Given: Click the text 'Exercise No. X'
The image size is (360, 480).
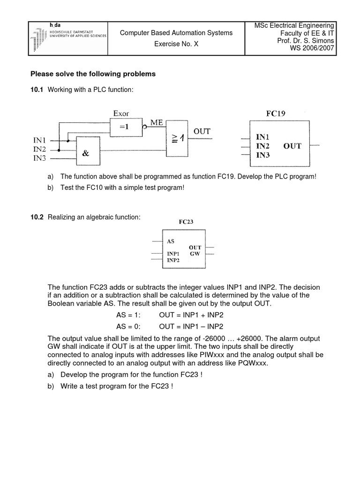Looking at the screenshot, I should [176, 45].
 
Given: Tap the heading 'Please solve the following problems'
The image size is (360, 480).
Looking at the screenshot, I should [93, 74].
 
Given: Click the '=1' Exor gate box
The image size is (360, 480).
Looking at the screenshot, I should [126, 127].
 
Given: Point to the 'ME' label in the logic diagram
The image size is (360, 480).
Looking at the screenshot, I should [157, 123].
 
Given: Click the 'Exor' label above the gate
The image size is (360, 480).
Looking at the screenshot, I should [120, 113].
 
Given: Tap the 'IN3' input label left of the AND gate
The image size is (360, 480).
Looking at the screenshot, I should [39, 158].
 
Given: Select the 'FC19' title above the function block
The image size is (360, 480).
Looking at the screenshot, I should [275, 113].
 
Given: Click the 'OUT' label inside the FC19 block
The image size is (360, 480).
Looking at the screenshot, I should [292, 146].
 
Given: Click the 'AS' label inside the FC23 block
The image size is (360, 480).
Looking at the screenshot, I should [171, 241].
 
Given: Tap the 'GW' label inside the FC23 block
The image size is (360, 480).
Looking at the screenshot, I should [195, 254].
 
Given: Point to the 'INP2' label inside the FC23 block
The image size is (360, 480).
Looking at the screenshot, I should [173, 260].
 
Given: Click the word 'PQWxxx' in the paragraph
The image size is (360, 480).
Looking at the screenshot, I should [252, 362].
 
